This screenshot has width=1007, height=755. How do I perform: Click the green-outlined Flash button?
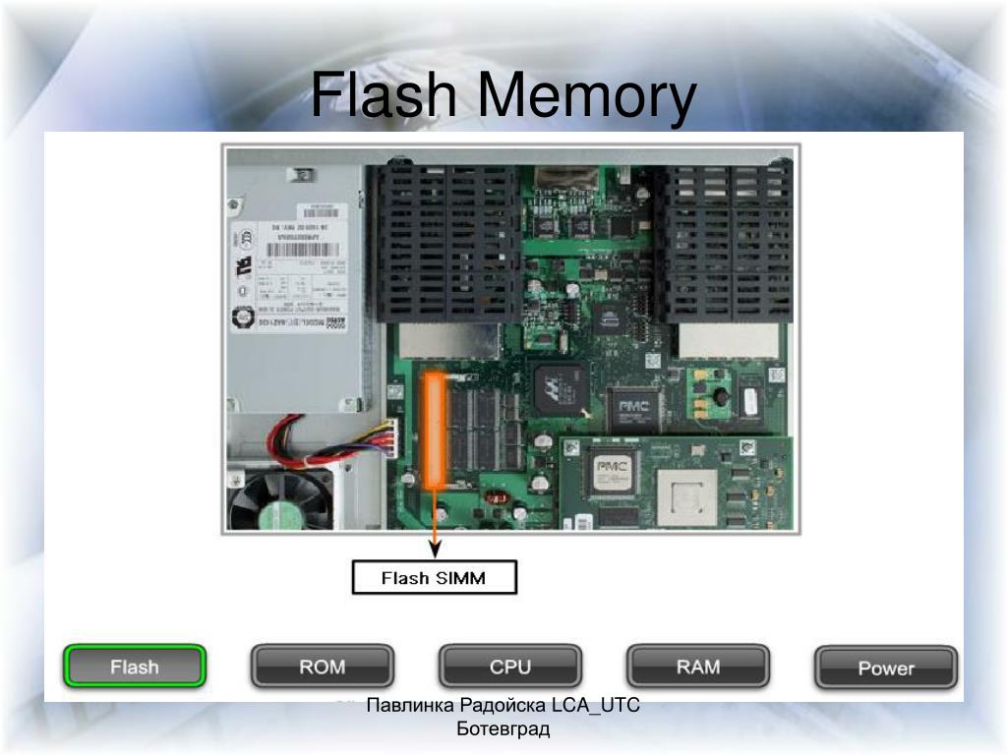[135, 667]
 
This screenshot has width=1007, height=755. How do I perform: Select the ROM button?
[323, 667]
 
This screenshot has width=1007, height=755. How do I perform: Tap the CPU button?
[510, 667]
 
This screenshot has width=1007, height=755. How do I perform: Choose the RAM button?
[698, 667]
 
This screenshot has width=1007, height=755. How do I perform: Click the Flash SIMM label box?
[434, 578]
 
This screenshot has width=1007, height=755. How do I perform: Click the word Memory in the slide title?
[588, 97]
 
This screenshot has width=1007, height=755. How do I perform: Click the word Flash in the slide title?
[385, 97]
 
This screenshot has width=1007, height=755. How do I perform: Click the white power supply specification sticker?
[295, 267]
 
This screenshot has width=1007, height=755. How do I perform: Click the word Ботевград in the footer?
[503, 728]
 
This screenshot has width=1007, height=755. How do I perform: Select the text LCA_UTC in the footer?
[596, 705]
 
